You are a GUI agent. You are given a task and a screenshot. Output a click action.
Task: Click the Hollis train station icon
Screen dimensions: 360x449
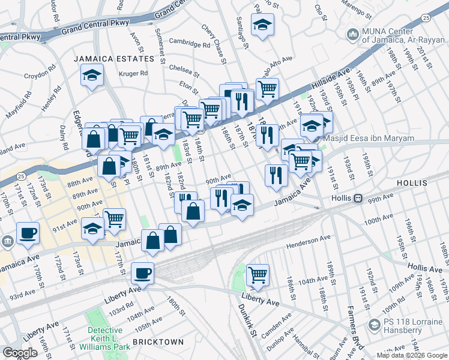tap(358, 198)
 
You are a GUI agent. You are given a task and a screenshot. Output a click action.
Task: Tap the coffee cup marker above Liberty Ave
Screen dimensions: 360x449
tap(142, 274)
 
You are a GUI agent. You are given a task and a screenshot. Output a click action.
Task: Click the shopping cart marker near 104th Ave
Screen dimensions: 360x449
tap(258, 274)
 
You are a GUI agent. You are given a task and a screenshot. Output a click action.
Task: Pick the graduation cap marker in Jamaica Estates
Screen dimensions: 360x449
tap(92, 75)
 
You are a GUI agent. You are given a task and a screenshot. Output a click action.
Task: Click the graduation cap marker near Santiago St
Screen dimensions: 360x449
tap(262, 25)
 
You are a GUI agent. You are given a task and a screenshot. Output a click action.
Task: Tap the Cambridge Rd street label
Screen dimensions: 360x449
tap(189, 44)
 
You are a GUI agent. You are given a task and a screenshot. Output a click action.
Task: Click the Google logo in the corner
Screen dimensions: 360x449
tap(20, 353)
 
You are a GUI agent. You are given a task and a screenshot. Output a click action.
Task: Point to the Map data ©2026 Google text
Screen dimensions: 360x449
tap(412, 355)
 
